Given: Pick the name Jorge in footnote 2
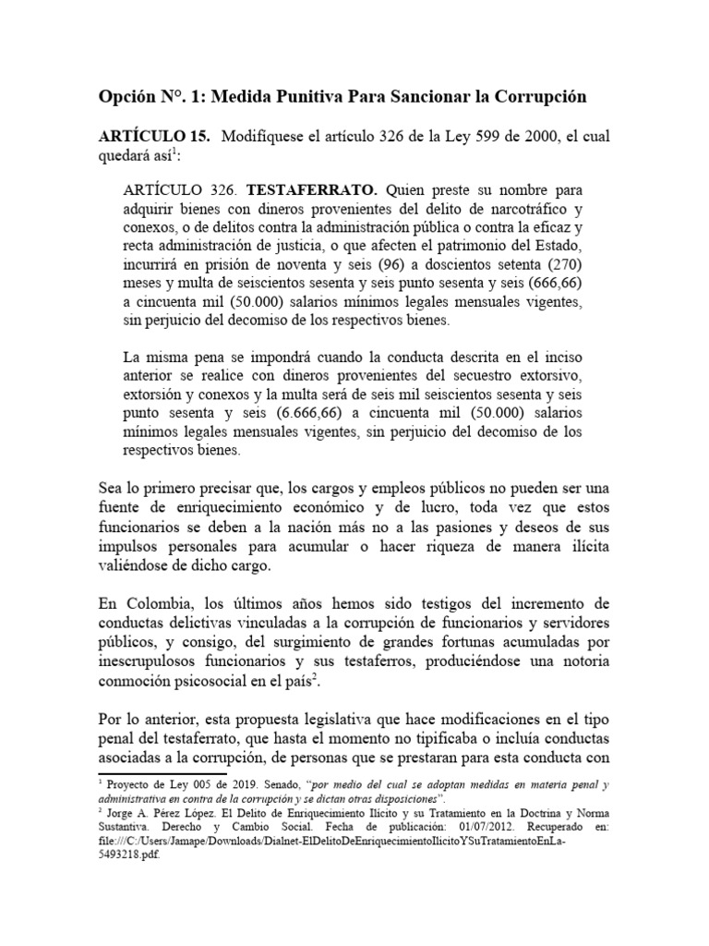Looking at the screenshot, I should click(123, 813).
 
